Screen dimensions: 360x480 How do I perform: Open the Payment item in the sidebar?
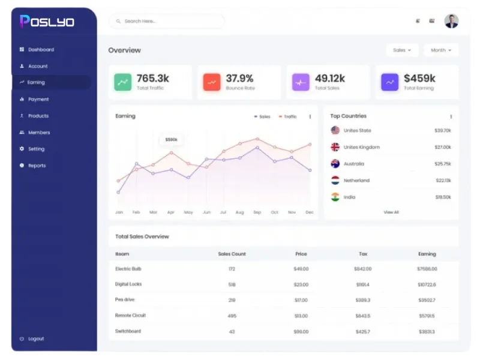(x=38, y=99)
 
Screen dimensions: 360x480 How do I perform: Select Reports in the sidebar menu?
(x=37, y=166)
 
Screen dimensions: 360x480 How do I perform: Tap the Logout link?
(x=35, y=338)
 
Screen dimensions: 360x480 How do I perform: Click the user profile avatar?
(x=451, y=21)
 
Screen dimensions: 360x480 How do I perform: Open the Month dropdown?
(x=441, y=50)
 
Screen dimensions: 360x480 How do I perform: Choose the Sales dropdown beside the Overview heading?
(x=402, y=50)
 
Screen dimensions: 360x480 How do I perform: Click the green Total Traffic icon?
(x=123, y=82)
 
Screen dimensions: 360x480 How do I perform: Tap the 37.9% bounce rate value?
(x=239, y=79)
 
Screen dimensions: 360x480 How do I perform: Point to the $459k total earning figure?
(x=419, y=79)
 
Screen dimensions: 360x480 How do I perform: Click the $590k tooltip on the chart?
(x=171, y=140)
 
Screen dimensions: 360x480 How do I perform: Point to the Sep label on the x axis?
(x=257, y=212)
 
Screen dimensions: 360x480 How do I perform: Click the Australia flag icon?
(x=335, y=164)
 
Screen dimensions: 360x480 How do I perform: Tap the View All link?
(x=391, y=212)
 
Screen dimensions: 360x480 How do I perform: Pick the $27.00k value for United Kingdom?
(x=443, y=147)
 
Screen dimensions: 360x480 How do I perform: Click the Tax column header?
(x=363, y=254)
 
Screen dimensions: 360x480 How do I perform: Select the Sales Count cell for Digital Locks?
(x=232, y=284)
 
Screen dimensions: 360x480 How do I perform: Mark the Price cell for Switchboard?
(x=301, y=331)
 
